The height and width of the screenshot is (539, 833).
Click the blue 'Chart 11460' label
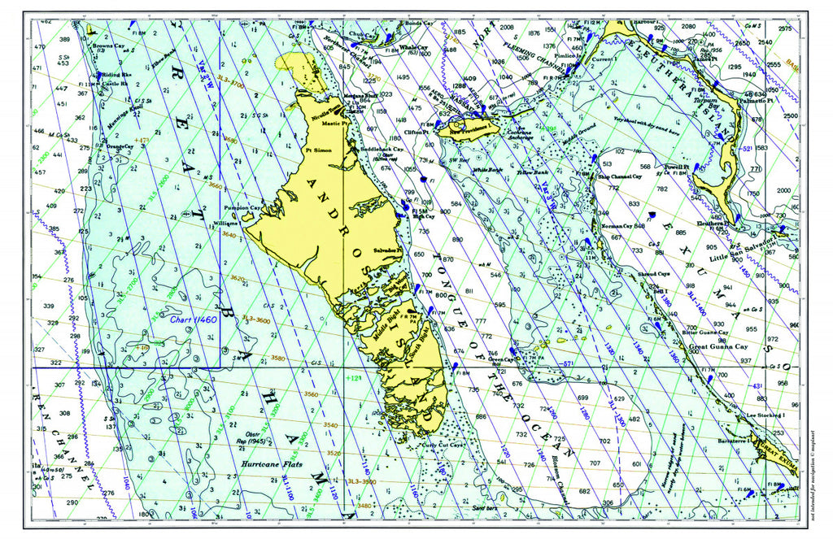[x=194, y=319]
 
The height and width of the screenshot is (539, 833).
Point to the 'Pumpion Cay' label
[x=242, y=206]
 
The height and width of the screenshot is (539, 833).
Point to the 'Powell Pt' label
[x=675, y=167]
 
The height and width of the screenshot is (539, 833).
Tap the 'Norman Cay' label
[x=617, y=225]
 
